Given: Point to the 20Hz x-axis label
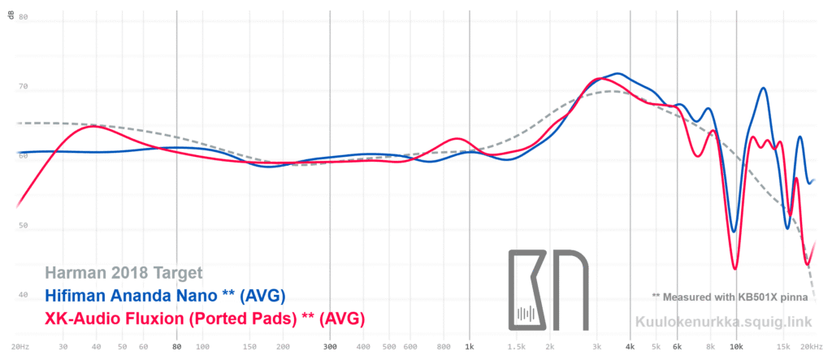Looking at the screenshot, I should [22, 345].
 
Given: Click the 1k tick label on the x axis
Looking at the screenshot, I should [470, 345].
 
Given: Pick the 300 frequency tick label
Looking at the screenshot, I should [330, 345].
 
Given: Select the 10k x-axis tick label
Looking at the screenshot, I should [736, 345].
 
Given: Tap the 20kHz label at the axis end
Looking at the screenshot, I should [815, 345].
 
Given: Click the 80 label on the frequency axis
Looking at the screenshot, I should [177, 345].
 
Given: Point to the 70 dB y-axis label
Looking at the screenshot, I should [23, 86].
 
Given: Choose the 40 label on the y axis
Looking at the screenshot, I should [23, 296].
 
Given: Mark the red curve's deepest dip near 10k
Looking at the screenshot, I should [734, 267].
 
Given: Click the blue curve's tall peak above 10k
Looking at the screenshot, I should [764, 89].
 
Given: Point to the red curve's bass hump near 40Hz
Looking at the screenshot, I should [94, 126].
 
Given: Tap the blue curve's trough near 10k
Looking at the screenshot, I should [734, 231].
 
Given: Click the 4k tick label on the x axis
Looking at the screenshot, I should [630, 345].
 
